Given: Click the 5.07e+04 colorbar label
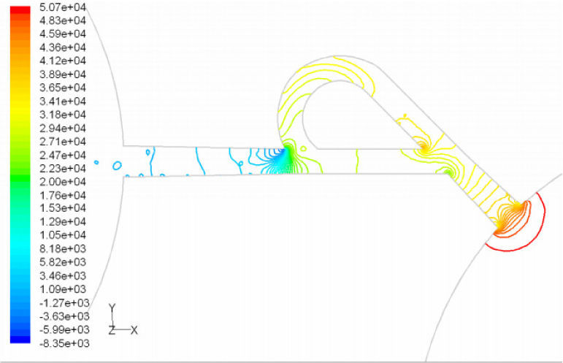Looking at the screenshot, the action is pyautogui.click(x=63, y=7).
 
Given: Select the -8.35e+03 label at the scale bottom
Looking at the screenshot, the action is pyautogui.click(x=64, y=343).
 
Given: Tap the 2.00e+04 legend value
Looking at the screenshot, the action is pyautogui.click(x=63, y=182).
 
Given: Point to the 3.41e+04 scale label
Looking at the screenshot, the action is pyautogui.click(x=63, y=102).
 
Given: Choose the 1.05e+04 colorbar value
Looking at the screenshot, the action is pyautogui.click(x=63, y=235).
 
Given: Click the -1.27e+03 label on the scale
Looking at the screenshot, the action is pyautogui.click(x=64, y=302).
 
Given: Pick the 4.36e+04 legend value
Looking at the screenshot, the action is pyautogui.click(x=63, y=47).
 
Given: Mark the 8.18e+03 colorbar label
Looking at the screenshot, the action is pyautogui.click(x=63, y=249).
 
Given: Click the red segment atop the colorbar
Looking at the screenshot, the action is pyautogui.click(x=20, y=10).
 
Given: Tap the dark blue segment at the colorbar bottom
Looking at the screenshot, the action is pyautogui.click(x=20, y=340).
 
